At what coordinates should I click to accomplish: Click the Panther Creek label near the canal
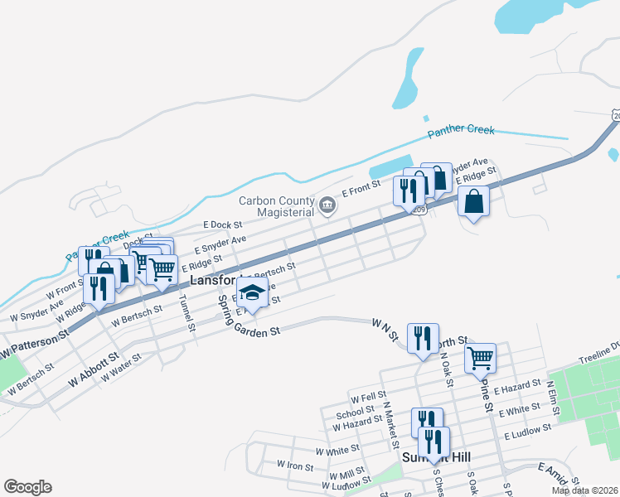pyautogui.click(x=461, y=131)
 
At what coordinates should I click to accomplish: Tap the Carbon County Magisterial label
pyautogui.click(x=277, y=205)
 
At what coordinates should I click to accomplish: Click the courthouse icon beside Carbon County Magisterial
pyautogui.click(x=327, y=205)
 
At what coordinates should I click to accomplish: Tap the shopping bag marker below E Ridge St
pyautogui.click(x=472, y=201)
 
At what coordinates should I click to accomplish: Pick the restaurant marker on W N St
pyautogui.click(x=424, y=338)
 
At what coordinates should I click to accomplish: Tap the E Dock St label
pyautogui.click(x=222, y=224)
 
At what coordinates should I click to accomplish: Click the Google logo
pyautogui.click(x=27, y=487)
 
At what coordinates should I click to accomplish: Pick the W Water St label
pyautogui.click(x=121, y=368)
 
